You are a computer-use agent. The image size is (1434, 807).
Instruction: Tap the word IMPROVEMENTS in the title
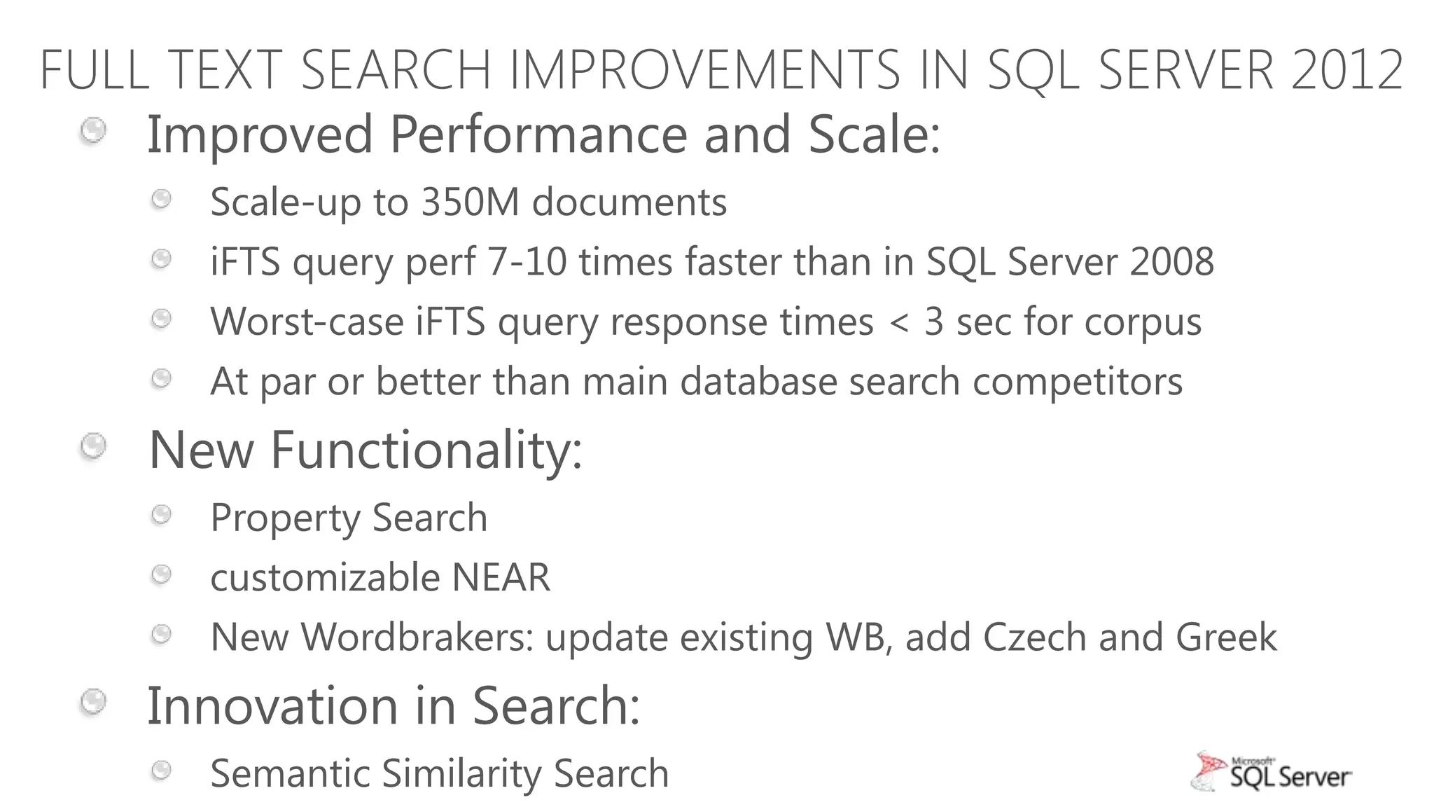(704, 70)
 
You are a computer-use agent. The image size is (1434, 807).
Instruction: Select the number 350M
(470, 202)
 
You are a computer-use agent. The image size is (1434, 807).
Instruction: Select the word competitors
(1078, 382)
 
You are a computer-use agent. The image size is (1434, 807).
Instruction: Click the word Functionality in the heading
(426, 449)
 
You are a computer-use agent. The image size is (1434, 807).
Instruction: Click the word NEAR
(501, 578)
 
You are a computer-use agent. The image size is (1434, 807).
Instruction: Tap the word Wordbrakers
(417, 637)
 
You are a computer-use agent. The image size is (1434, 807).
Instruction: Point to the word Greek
(1226, 637)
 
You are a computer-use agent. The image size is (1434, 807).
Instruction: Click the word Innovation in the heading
(272, 705)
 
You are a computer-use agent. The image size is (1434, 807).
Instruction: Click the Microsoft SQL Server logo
(1271, 772)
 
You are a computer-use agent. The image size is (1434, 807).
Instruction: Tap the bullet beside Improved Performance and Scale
(93, 131)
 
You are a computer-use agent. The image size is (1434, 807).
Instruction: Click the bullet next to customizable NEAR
(162, 575)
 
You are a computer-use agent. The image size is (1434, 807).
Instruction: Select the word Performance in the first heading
(538, 134)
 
